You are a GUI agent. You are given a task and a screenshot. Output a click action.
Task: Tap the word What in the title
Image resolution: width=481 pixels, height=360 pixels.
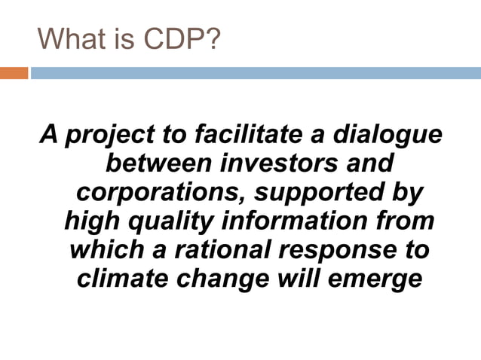click(69, 37)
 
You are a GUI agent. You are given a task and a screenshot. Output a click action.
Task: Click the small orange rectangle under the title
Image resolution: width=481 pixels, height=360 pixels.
click(14, 73)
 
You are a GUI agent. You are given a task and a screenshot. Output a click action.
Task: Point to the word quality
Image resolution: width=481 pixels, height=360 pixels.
click(161, 221)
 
